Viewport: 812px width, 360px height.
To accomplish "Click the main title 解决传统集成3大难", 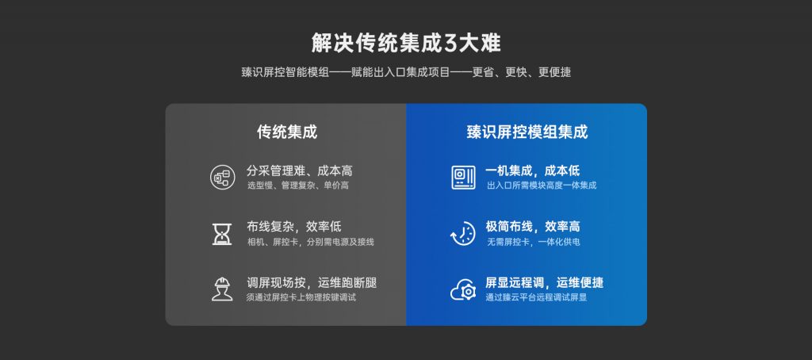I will pos(405,42).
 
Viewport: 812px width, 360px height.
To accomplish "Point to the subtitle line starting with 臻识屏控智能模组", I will pos(405,72).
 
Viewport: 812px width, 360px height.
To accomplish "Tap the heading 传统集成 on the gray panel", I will pos(286,132).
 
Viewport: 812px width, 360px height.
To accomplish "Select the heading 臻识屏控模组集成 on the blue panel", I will pos(527,132).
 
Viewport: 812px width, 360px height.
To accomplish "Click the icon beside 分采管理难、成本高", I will pos(222,177).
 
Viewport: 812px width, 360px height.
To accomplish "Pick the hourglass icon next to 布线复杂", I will pos(222,233).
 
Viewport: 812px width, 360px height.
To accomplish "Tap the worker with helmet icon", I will pos(222,289).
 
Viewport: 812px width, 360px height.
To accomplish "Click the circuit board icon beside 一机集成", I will pos(462,177).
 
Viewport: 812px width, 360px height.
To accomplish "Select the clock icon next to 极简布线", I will pos(462,233).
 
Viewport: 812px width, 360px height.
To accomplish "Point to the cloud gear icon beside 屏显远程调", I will pos(462,289).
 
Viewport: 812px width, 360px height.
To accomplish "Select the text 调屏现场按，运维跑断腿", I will pos(312,282).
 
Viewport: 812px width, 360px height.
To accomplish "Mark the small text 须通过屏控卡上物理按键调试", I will pos(301,297).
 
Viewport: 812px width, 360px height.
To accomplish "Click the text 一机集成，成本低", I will pos(533,170).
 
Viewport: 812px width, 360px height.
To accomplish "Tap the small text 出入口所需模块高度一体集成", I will pos(541,186).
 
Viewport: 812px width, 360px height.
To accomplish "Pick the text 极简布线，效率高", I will pos(533,227).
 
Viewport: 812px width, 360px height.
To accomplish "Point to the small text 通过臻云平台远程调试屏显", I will pos(536,297).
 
